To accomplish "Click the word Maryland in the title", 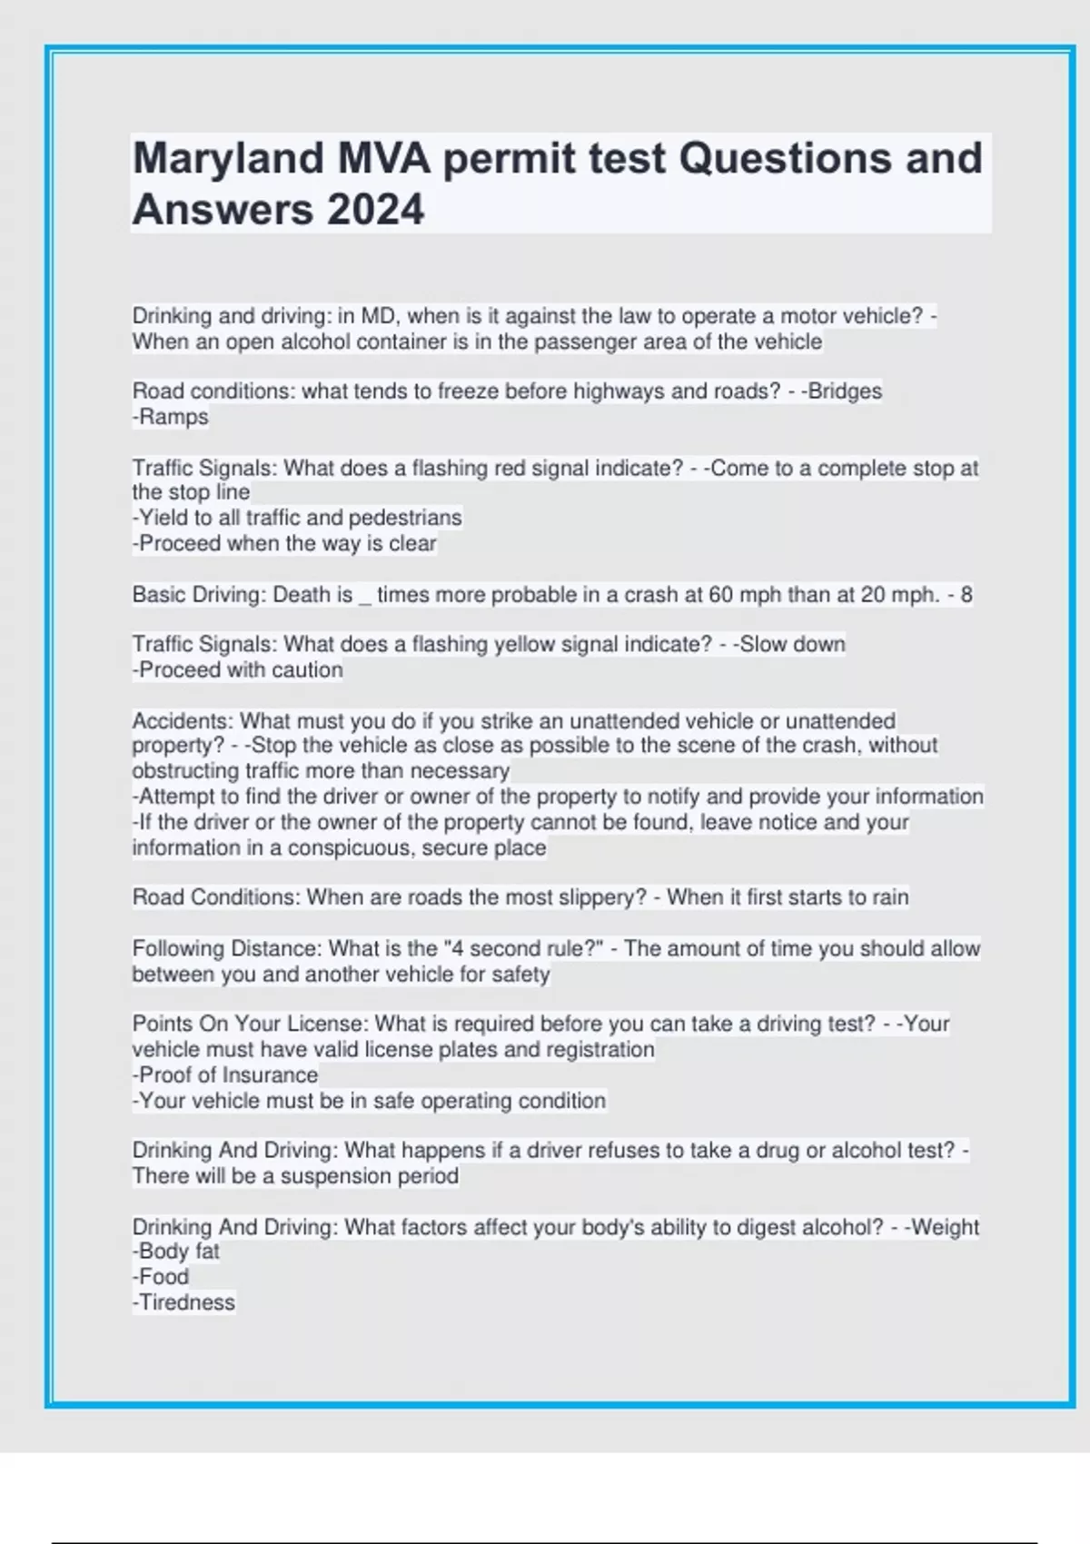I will tap(228, 159).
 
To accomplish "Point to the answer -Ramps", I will tap(171, 417).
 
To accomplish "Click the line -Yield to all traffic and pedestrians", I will tap(297, 518).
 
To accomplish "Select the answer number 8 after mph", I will tap(966, 595).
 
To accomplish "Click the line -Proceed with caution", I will tap(238, 670).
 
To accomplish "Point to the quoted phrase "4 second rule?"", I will tap(523, 949).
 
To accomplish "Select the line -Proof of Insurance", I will tap(225, 1075).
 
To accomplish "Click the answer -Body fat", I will tap(176, 1252).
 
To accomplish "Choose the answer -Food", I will tap(161, 1277).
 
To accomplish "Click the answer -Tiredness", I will tap(183, 1302).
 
